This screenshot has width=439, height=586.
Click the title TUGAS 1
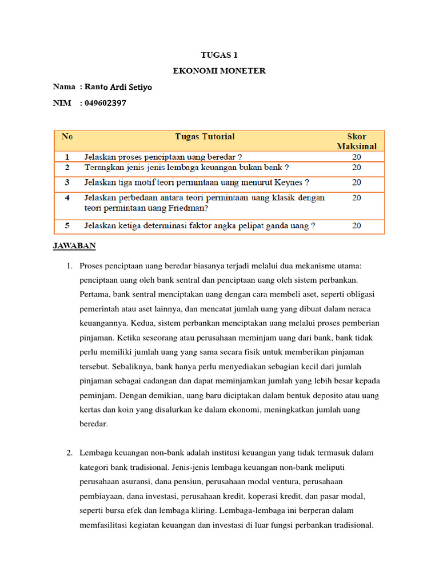219,56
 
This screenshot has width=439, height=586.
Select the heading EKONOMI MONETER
219,71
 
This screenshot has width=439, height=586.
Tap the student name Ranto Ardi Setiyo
118,87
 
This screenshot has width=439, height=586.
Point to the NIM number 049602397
105,103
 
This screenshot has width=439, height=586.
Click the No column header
67,137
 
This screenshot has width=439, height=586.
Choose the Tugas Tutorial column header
205,137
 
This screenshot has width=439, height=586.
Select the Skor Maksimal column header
357,141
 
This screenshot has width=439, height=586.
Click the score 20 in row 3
357,183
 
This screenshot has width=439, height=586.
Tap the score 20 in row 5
357,226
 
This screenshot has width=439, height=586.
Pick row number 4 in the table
67,197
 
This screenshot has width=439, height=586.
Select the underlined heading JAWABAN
74,246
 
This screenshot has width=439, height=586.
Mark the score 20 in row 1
357,156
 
